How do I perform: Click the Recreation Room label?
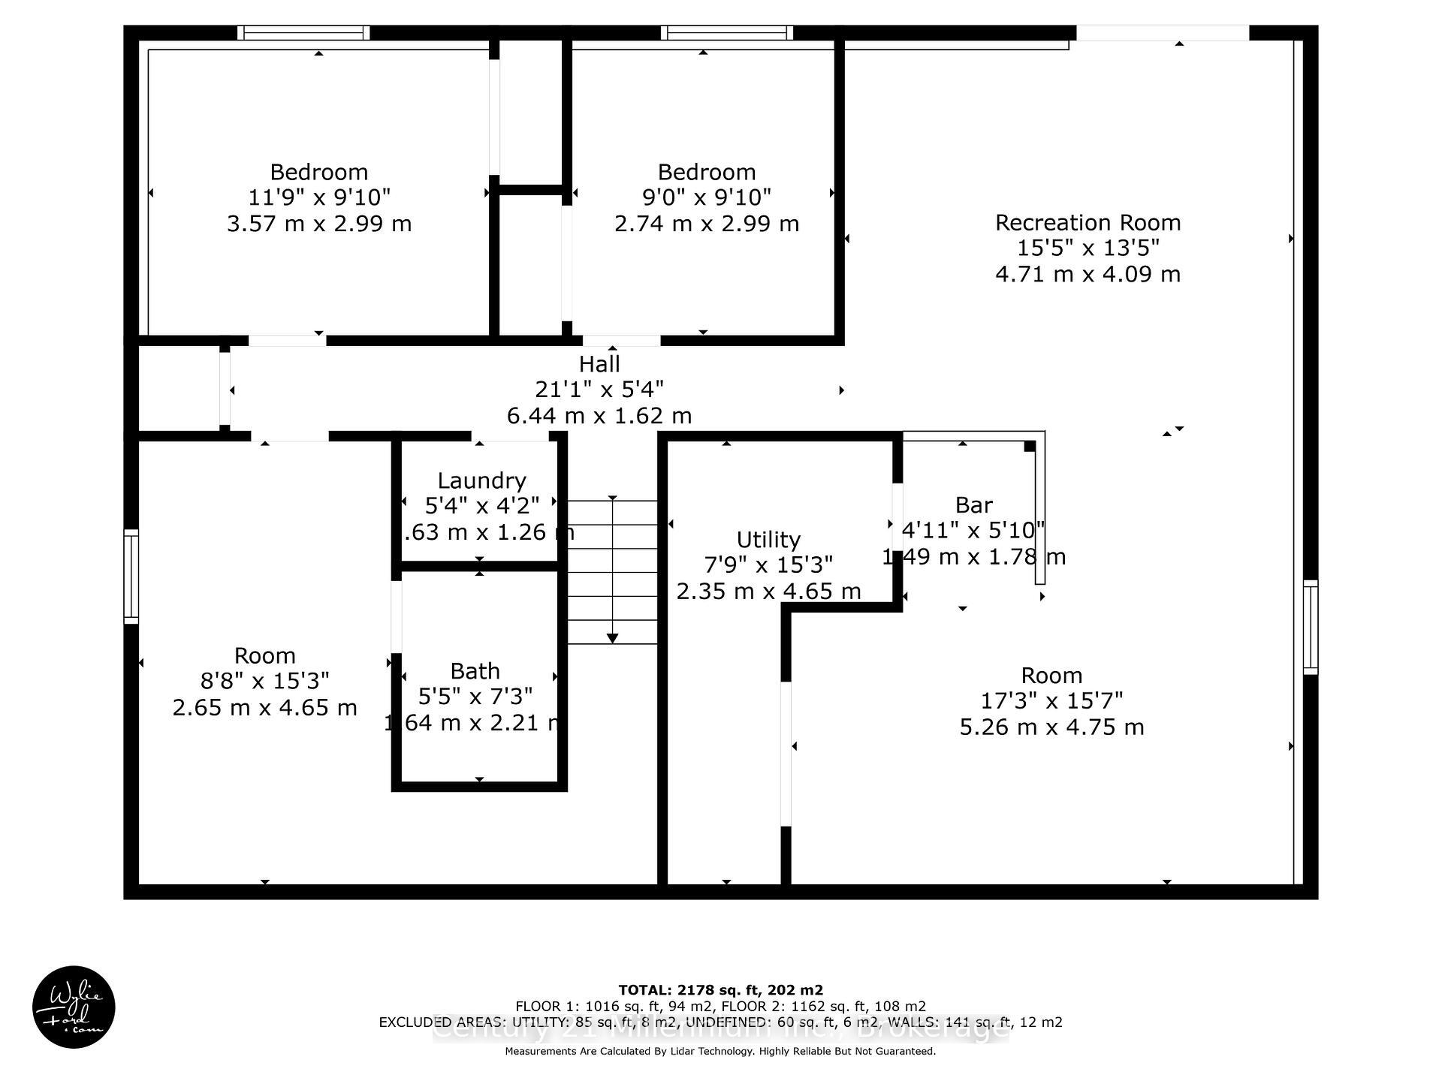[1088, 222]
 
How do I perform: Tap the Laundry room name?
[481, 480]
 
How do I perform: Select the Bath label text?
[475, 670]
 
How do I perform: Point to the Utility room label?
[768, 540]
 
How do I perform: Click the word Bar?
[973, 504]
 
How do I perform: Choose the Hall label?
[599, 364]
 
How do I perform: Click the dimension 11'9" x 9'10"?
[319, 197]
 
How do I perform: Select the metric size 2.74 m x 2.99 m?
[706, 224]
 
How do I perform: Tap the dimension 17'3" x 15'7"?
[1051, 700]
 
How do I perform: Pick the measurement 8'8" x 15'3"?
[264, 681]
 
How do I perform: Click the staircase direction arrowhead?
[612, 638]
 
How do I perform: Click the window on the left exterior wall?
[131, 577]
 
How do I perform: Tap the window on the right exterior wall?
[1310, 627]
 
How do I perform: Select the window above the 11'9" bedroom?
[303, 33]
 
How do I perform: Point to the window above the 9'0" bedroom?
[727, 33]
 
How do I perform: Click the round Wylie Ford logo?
[74, 1007]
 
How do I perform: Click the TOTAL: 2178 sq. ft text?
[720, 990]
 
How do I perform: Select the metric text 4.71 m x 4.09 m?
[1088, 274]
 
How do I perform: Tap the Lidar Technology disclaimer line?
[720, 1051]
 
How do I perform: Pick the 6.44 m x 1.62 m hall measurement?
[599, 415]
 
